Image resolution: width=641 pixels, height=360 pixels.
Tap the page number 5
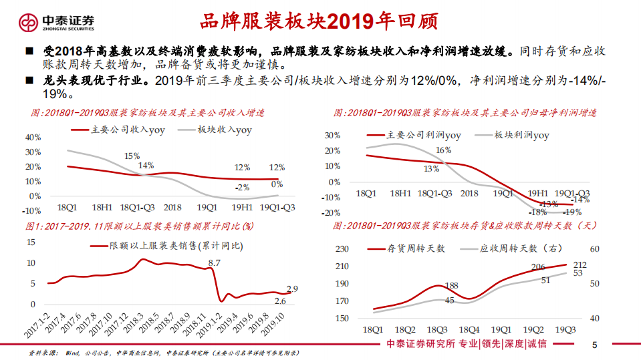click(x=594, y=345)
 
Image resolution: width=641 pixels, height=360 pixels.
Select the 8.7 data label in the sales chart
click(x=214, y=263)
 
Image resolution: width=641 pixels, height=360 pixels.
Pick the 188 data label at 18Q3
click(x=451, y=286)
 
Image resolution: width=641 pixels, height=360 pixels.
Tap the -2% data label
click(x=242, y=187)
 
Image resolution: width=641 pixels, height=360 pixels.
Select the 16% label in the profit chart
click(x=443, y=150)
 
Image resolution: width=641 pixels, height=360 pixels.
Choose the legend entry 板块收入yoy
click(x=224, y=130)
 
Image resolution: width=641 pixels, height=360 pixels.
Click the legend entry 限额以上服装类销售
click(x=176, y=246)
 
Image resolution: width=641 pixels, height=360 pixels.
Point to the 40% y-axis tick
click(x=33, y=137)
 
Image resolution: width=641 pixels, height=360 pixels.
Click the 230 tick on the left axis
click(x=342, y=249)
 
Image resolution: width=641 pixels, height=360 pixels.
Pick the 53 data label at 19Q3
click(x=578, y=273)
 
